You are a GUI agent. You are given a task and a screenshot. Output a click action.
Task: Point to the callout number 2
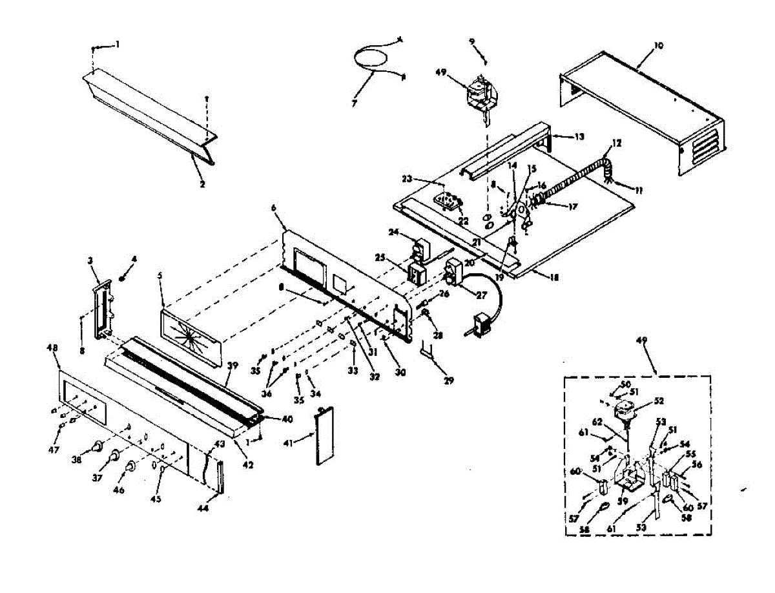[201, 184]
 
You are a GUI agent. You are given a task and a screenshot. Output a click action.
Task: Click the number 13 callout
[579, 136]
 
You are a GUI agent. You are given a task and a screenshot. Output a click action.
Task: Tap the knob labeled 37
[115, 456]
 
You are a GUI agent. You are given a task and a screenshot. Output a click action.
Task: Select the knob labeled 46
[131, 465]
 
